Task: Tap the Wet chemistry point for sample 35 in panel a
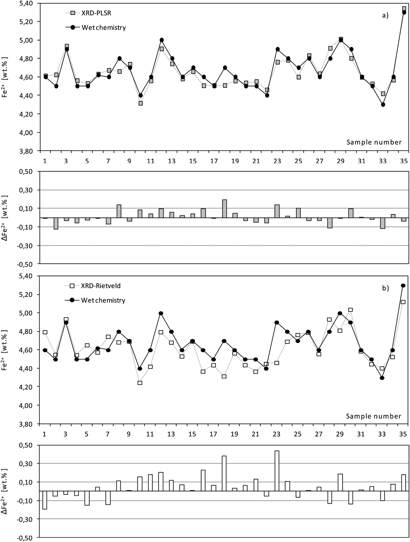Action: click(x=404, y=12)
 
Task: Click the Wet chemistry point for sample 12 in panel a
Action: click(x=162, y=40)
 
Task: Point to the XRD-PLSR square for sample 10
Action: click(x=141, y=103)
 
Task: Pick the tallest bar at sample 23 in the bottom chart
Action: click(x=277, y=471)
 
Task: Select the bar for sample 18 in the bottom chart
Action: click(x=224, y=473)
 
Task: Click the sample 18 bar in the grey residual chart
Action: click(x=225, y=209)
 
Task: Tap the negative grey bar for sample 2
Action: click(x=56, y=223)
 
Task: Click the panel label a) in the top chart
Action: click(x=385, y=15)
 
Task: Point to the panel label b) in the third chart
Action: click(x=385, y=288)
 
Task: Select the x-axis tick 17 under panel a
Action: click(x=214, y=161)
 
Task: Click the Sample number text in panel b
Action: click(x=373, y=416)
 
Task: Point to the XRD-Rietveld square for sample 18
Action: click(x=224, y=376)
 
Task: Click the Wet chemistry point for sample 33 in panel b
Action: click(x=382, y=378)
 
